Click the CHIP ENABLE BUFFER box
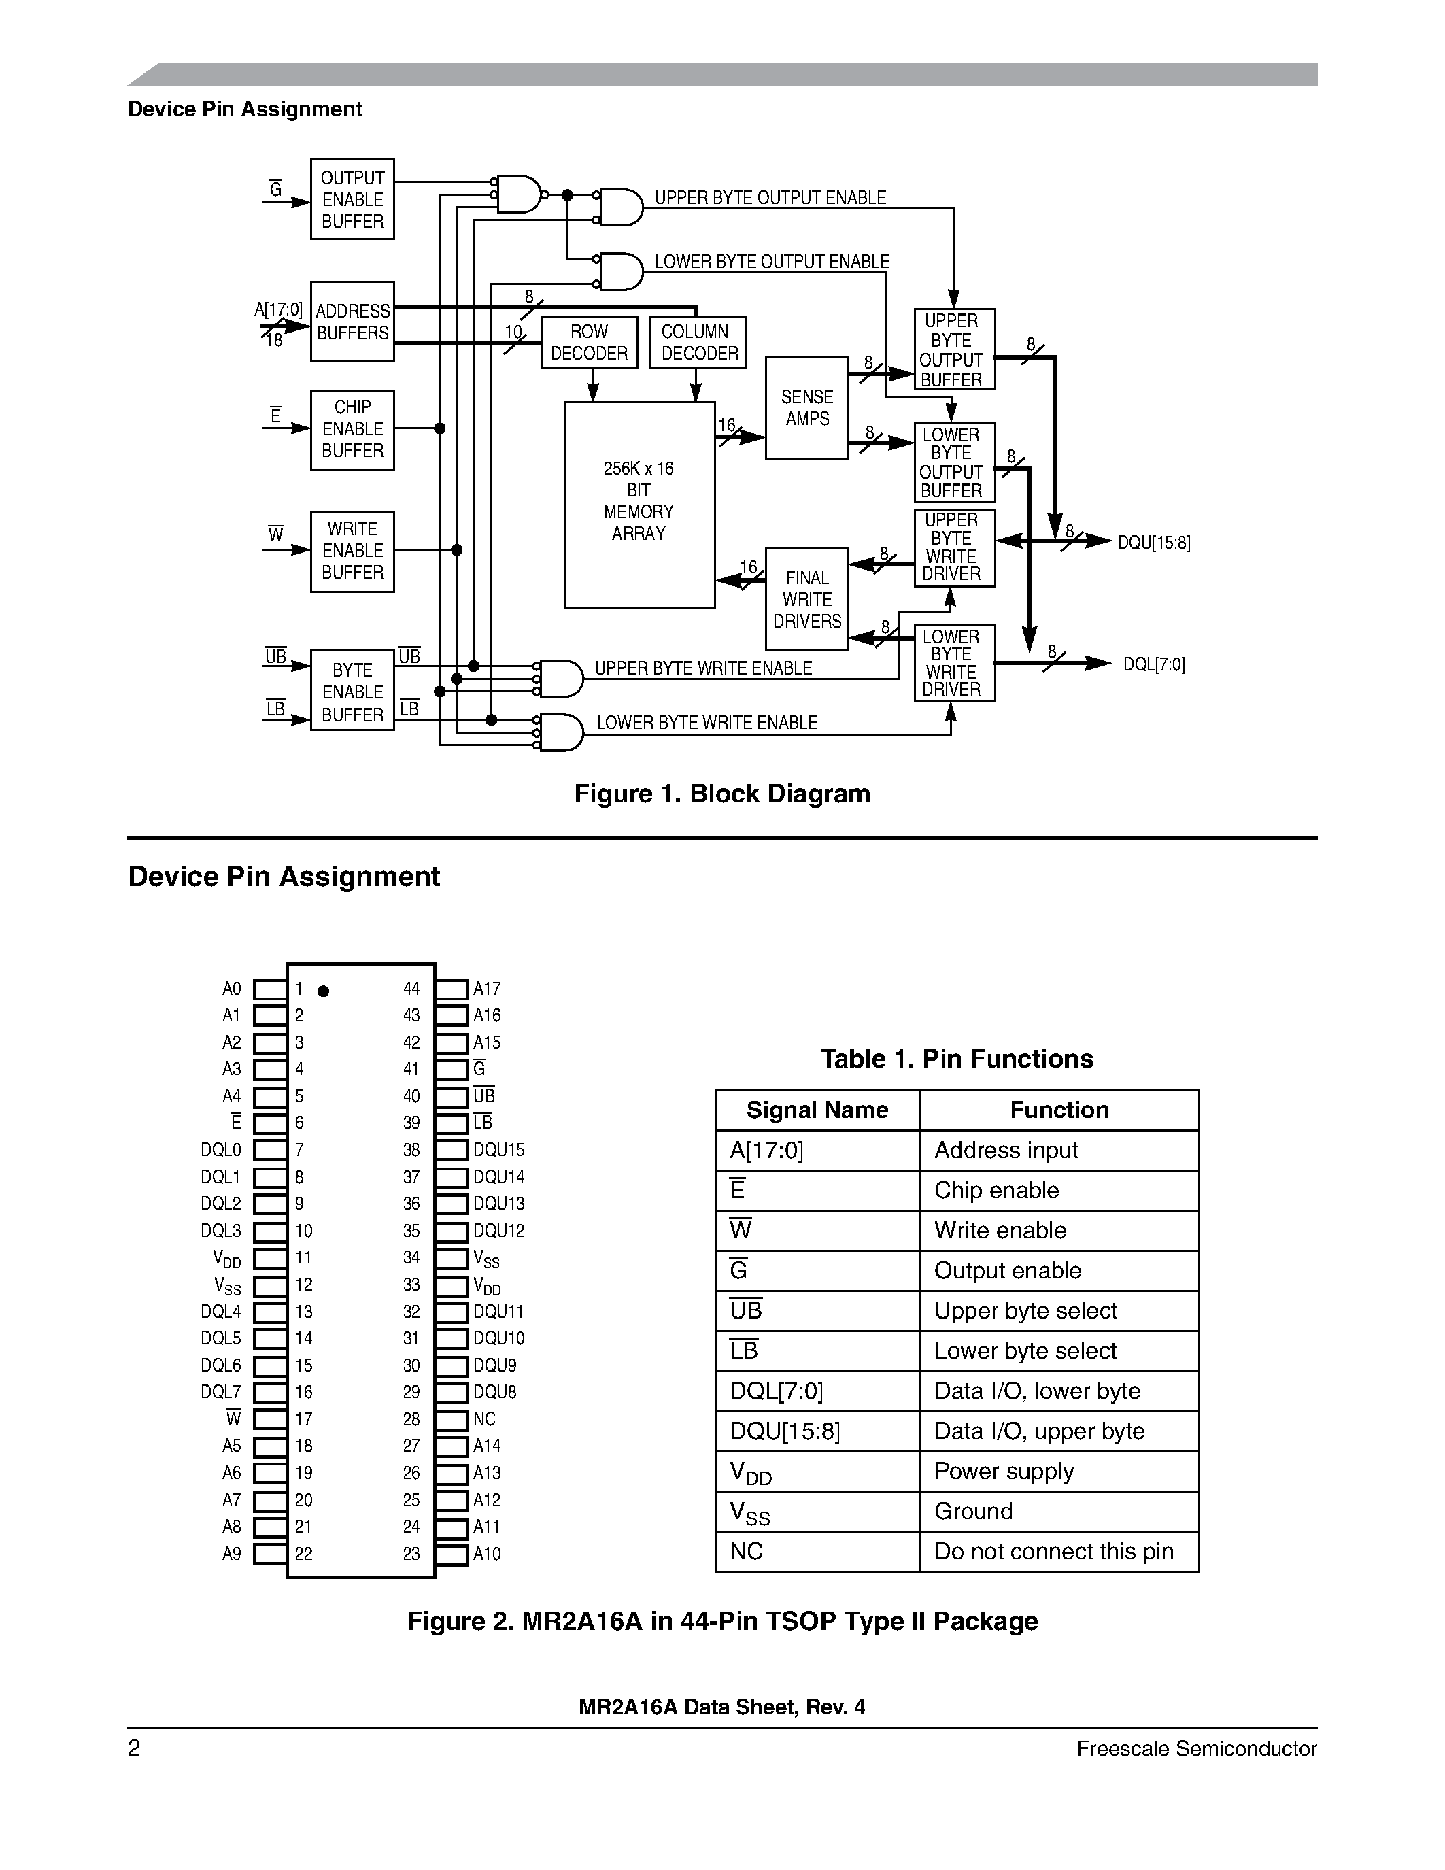coord(352,430)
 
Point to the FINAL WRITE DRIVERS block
coord(806,599)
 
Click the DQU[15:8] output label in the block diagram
coord(1153,543)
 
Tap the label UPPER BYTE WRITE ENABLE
coord(703,668)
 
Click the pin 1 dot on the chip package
coord(323,991)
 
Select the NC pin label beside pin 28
coord(485,1418)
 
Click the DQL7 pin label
coord(221,1392)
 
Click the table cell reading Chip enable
coord(996,1190)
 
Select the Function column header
coord(1059,1110)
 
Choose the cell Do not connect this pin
coord(1054,1552)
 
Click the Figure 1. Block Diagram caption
coord(721,794)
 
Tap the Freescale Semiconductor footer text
coord(1196,1748)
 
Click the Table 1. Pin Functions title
coord(957,1059)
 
